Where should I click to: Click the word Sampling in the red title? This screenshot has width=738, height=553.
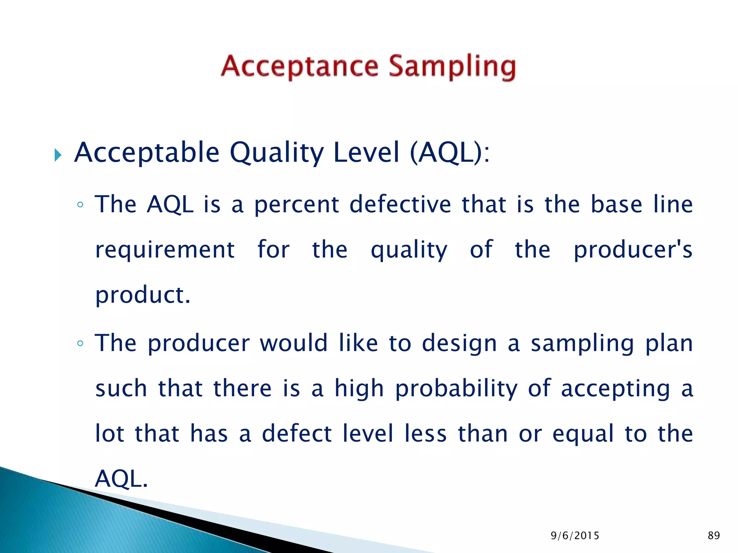[x=452, y=67]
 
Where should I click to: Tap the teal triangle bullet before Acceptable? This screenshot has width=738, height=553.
[x=58, y=155]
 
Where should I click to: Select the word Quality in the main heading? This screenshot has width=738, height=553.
[x=277, y=153]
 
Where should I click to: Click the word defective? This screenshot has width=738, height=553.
[x=400, y=204]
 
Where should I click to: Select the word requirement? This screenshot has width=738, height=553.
[x=165, y=250]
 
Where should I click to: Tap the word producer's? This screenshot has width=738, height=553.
[x=633, y=250]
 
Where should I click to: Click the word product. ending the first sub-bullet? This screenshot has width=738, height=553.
[x=143, y=295]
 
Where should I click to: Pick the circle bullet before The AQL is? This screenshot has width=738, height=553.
[x=80, y=205]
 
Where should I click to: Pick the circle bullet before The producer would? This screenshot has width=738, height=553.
[x=80, y=343]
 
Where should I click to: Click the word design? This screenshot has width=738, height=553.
[x=459, y=343]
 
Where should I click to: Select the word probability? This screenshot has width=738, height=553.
[x=456, y=389]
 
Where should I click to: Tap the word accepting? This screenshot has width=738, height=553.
[x=615, y=389]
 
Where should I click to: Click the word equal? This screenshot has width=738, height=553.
[x=583, y=433]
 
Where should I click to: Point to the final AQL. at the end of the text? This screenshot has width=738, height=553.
[x=121, y=479]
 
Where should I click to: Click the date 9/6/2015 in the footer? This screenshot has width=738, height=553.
[x=575, y=536]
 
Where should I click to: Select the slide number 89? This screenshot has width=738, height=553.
[x=713, y=536]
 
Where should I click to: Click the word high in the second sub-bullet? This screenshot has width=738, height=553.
[x=359, y=389]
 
